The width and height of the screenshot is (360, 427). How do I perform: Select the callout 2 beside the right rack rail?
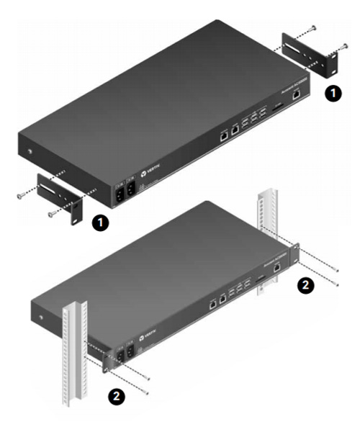pyautogui.click(x=305, y=284)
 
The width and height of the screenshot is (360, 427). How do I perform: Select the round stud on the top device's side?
pyautogui.click(x=27, y=152)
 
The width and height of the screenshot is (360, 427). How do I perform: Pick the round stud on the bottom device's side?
pyautogui.click(x=41, y=318)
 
